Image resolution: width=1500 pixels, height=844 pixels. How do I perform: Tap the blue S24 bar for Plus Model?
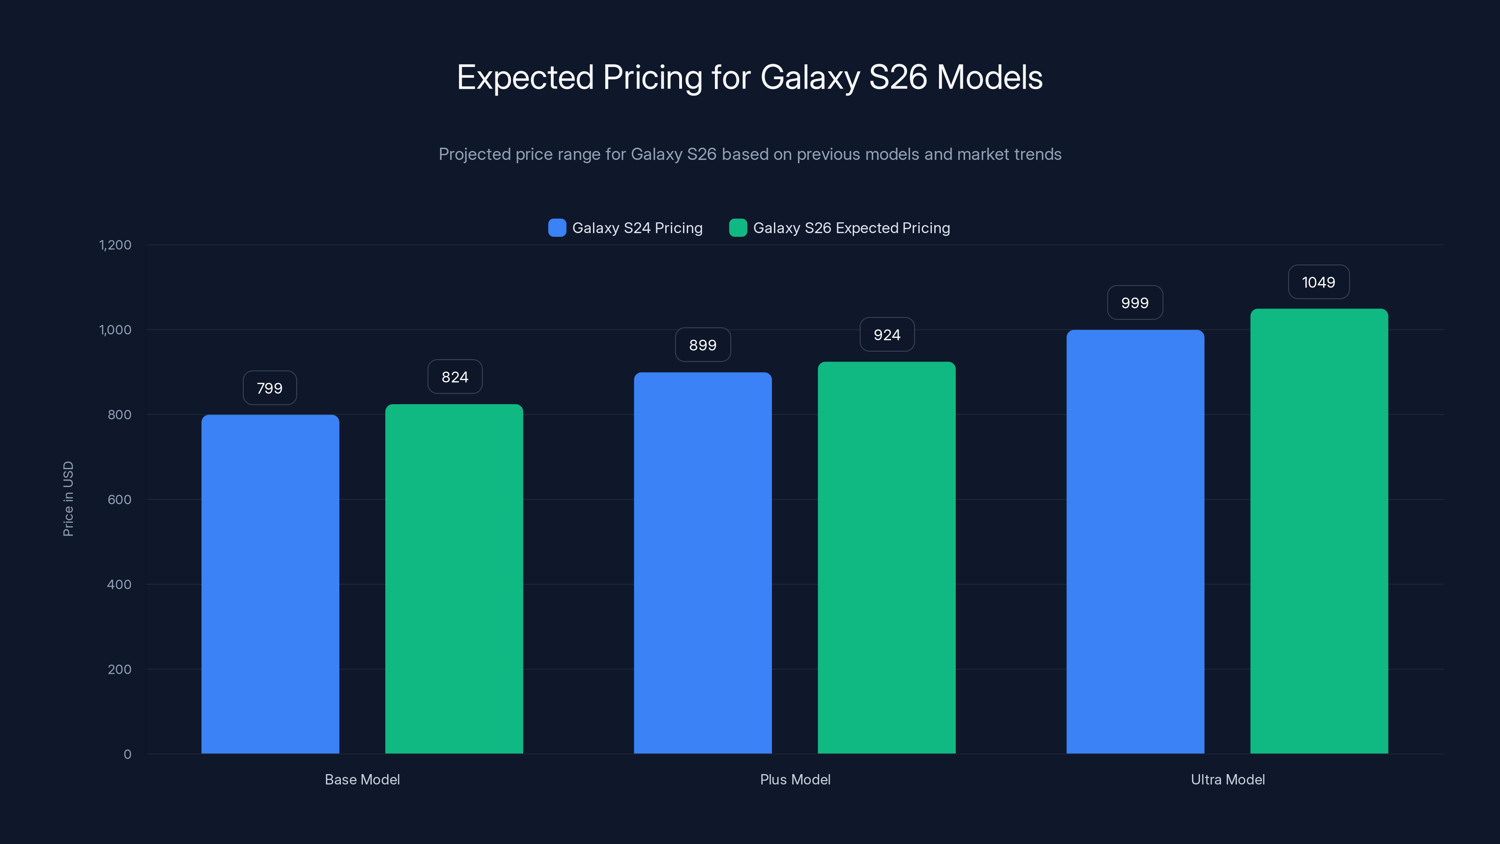pyautogui.click(x=703, y=563)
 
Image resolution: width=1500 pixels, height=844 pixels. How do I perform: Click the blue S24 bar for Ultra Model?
pyautogui.click(x=1135, y=542)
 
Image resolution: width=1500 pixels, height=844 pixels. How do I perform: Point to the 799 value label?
pyautogui.click(x=270, y=388)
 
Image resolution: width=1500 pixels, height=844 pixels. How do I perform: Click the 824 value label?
pyautogui.click(x=455, y=377)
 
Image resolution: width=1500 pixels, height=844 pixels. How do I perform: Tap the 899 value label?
pyautogui.click(x=703, y=345)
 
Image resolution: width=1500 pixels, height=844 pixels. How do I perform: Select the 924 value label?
pyautogui.click(x=887, y=335)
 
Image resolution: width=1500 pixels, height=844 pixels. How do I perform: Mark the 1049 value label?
pyautogui.click(x=1318, y=282)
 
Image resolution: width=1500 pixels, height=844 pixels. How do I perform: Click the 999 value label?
pyautogui.click(x=1135, y=303)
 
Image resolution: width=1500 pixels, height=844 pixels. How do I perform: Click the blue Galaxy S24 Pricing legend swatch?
pyautogui.click(x=557, y=228)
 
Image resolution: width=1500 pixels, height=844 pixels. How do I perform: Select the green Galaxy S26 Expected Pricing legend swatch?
pyautogui.click(x=738, y=228)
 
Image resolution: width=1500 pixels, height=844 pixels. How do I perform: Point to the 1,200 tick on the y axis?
pyautogui.click(x=115, y=245)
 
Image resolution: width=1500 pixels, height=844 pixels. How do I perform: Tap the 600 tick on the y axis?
pyautogui.click(x=120, y=499)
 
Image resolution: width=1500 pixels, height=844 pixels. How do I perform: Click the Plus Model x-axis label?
pyautogui.click(x=795, y=779)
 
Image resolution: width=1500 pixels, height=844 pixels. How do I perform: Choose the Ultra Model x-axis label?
pyautogui.click(x=1228, y=779)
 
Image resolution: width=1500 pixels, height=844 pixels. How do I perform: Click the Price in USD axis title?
pyautogui.click(x=68, y=498)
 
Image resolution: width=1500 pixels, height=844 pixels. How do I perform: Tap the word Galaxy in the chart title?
pyautogui.click(x=810, y=77)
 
